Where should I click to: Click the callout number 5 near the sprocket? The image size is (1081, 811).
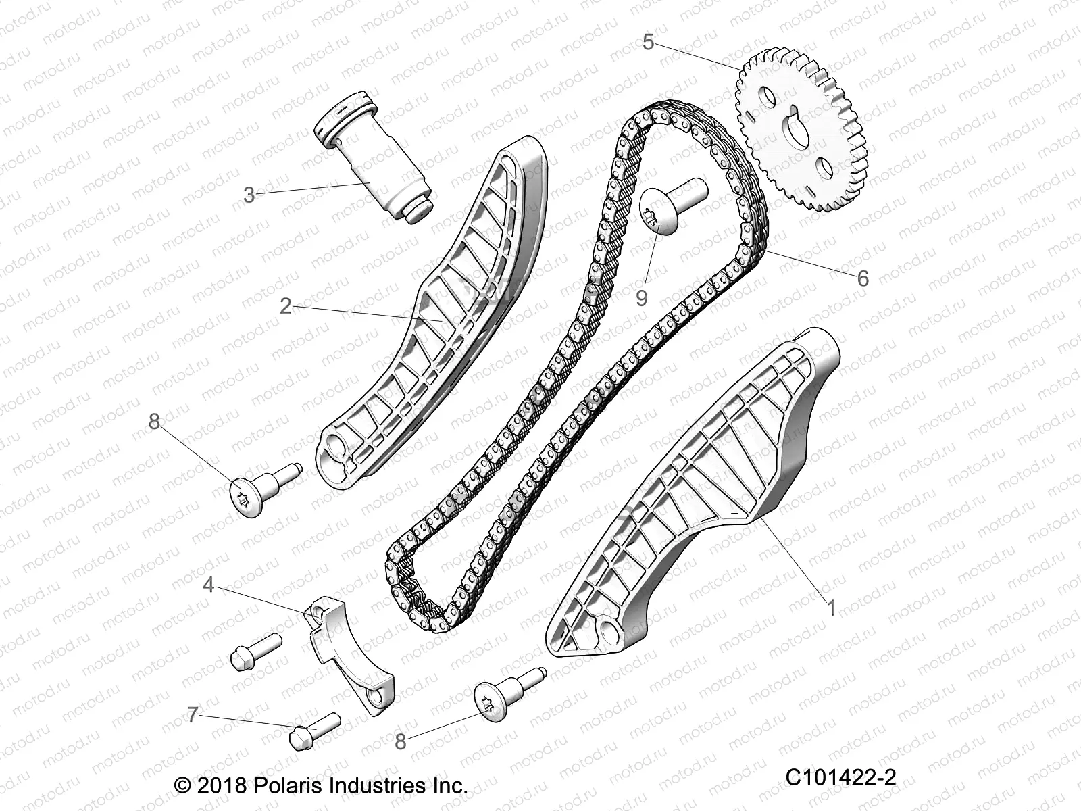point(648,42)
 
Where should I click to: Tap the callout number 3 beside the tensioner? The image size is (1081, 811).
point(249,195)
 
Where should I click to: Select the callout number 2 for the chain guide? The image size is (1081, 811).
point(286,306)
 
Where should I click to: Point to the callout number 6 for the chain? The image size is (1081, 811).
point(863,278)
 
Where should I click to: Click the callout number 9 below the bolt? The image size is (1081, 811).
point(641,299)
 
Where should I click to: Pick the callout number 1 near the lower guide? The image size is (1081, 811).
point(831,609)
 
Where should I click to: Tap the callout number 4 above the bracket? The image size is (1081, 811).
point(209,585)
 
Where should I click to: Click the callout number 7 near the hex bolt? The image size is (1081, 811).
point(192,715)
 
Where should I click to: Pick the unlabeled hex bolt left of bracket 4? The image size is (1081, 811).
point(256,651)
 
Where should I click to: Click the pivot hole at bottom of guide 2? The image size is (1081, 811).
point(337,447)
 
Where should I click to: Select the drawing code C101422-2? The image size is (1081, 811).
point(840,777)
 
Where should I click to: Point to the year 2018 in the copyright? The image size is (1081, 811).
point(222,785)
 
